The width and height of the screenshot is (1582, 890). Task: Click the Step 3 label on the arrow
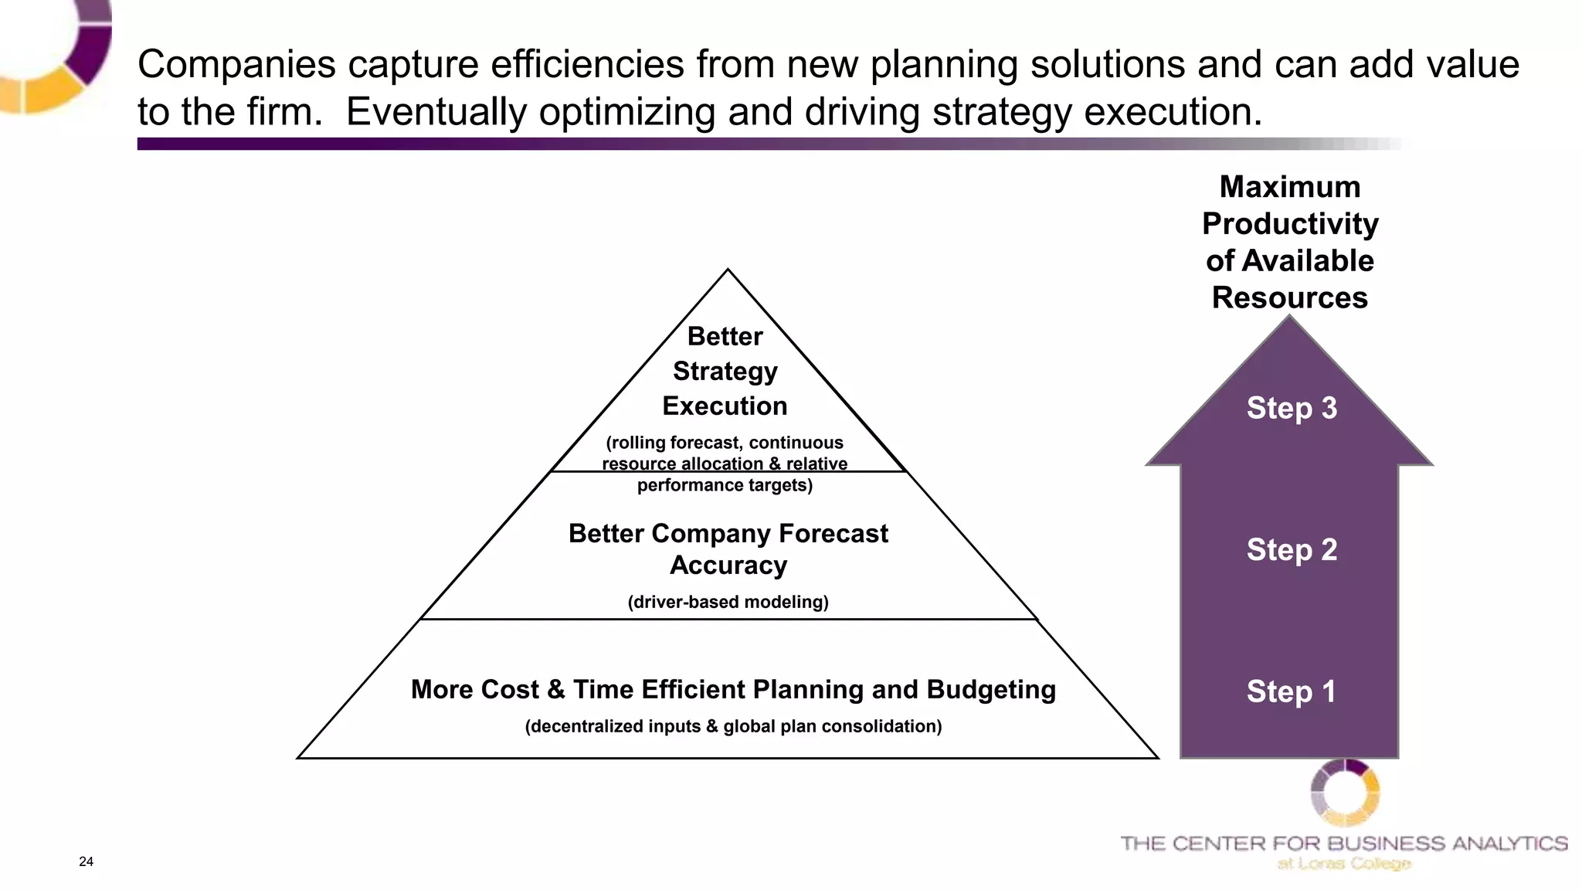pos(1292,408)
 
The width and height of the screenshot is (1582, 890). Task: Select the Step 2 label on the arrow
pos(1292,549)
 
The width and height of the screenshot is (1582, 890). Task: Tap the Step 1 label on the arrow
pos(1291,691)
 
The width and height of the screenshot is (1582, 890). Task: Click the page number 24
pos(86,861)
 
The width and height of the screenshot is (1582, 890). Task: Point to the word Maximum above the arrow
pos(1290,187)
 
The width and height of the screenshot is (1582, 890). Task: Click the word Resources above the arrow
pos(1289,297)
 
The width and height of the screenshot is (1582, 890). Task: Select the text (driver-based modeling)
pos(728,602)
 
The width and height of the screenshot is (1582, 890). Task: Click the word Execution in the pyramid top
pos(725,406)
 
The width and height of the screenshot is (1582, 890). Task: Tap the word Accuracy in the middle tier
pos(728,566)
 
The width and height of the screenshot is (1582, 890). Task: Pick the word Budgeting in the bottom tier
pos(991,689)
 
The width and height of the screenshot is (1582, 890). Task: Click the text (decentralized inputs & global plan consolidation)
pos(733,726)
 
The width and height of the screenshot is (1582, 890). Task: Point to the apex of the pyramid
pos(728,270)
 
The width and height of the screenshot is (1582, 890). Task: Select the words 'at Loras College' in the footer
pos(1344,864)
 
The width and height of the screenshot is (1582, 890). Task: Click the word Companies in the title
pos(236,64)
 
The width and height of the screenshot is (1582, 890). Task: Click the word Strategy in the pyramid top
pos(725,372)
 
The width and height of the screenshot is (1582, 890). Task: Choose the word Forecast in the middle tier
pos(833,534)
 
